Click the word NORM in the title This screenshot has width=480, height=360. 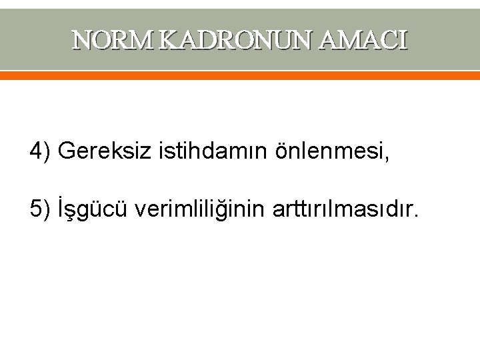tap(115, 41)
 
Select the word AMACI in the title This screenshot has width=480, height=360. tap(363, 41)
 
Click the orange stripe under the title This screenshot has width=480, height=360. tap(240, 76)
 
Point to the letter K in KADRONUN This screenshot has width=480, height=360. tap(171, 41)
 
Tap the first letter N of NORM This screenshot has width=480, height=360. tap(83, 41)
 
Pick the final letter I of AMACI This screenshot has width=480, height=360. tap(402, 41)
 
